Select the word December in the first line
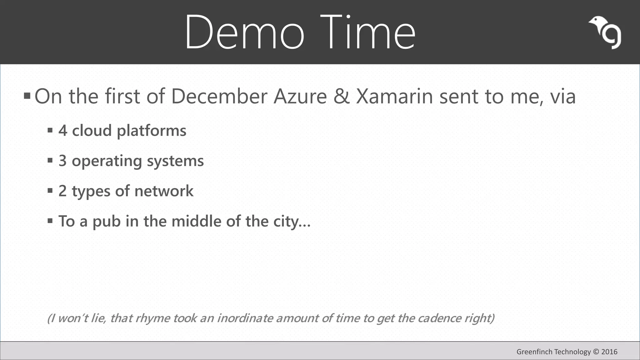220,96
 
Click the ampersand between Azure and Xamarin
341,96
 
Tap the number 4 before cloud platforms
63,131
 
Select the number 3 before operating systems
63,161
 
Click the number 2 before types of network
63,191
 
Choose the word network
164,191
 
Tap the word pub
107,222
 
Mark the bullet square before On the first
27,95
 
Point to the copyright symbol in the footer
596,352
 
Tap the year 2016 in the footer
609,352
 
